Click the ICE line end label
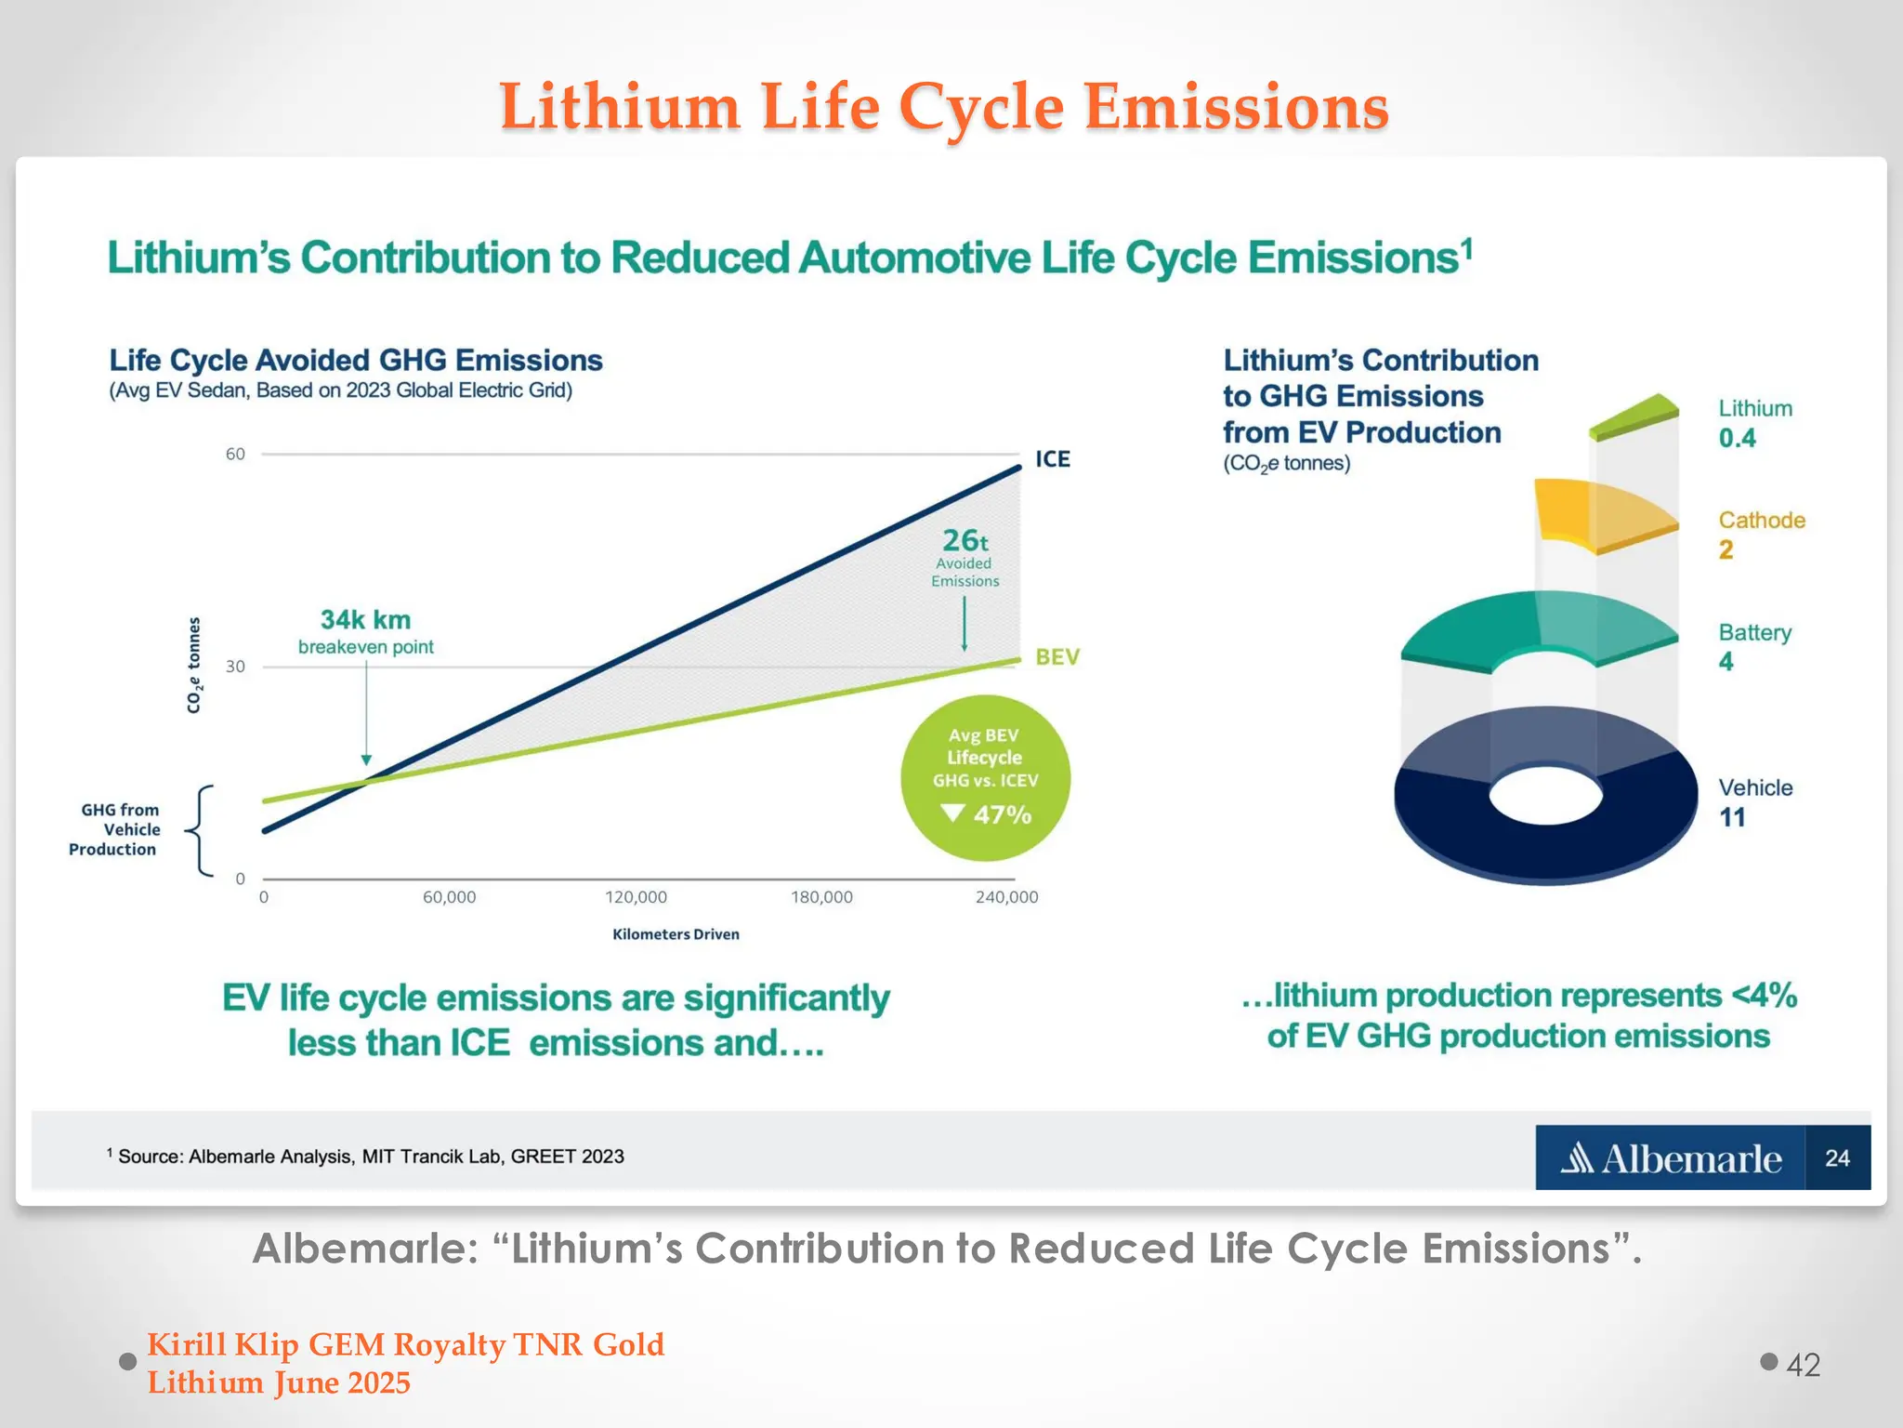1052,459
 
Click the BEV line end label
1057,657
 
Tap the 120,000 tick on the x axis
636,897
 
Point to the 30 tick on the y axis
236,667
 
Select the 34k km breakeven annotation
365,631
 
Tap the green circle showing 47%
985,777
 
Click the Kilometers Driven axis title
676,934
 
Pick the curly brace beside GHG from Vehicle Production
200,830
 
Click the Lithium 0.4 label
1753,424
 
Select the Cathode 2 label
1761,535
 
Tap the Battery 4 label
1753,647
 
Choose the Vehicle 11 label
1754,802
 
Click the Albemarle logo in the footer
1670,1158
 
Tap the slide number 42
1802,1365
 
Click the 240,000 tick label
1006,897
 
